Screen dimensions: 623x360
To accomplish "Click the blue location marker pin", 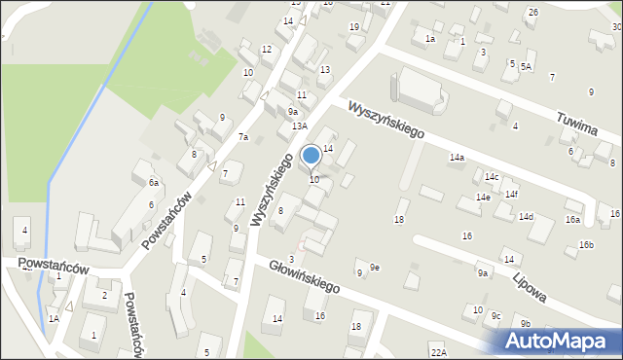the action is coord(311,156).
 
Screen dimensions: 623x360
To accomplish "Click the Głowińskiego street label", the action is coord(298,274).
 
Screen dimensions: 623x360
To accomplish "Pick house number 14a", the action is coord(457,157).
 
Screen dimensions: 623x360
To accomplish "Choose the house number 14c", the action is coord(492,176).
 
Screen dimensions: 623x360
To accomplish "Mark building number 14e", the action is coord(483,197).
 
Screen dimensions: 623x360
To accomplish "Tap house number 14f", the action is coord(511,194).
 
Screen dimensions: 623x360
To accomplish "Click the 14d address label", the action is coord(526,216).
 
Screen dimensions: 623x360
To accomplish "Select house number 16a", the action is coord(572,220).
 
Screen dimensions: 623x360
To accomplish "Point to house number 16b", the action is coord(586,244).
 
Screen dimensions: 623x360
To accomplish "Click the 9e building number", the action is coord(375,268).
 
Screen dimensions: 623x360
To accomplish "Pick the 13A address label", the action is coord(300,126).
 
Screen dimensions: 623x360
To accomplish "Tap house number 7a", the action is coord(243,137).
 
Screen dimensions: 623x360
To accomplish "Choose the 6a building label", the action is coord(154,182).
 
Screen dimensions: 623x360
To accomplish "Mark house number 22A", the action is coord(438,352).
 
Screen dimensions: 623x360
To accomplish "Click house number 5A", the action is coord(526,66).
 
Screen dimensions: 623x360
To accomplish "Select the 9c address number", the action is coord(495,315).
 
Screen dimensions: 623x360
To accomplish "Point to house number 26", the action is coord(532,12).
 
